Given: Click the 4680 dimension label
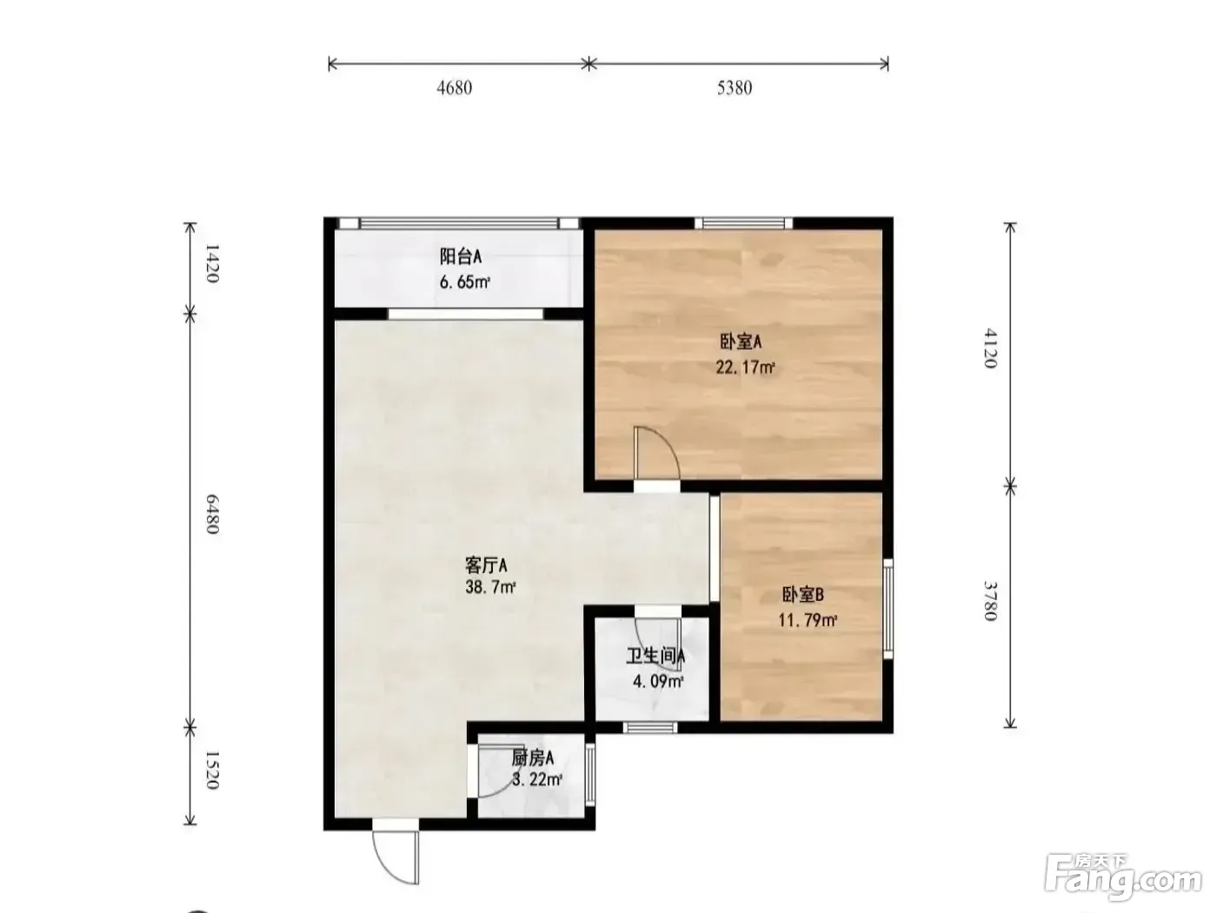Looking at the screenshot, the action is click(x=454, y=88).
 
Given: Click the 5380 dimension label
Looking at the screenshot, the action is click(x=734, y=88).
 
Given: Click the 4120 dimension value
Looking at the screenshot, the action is click(x=990, y=349).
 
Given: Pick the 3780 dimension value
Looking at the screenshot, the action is click(x=990, y=601).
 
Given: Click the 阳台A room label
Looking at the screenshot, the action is click(x=460, y=257).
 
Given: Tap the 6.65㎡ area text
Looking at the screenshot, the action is click(x=464, y=282).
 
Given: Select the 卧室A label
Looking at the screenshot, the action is click(x=741, y=342).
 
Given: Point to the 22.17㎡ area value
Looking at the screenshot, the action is click(x=745, y=367).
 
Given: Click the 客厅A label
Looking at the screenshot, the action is click(x=486, y=565).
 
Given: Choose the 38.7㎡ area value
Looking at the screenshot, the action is click(x=490, y=587).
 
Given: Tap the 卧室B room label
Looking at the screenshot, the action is click(x=803, y=595).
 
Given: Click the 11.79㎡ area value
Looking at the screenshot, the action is click(x=808, y=620).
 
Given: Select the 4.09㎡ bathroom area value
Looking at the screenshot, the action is click(x=657, y=681).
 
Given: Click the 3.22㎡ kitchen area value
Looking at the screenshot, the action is click(x=536, y=780).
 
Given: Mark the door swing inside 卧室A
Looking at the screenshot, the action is click(x=656, y=452).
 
